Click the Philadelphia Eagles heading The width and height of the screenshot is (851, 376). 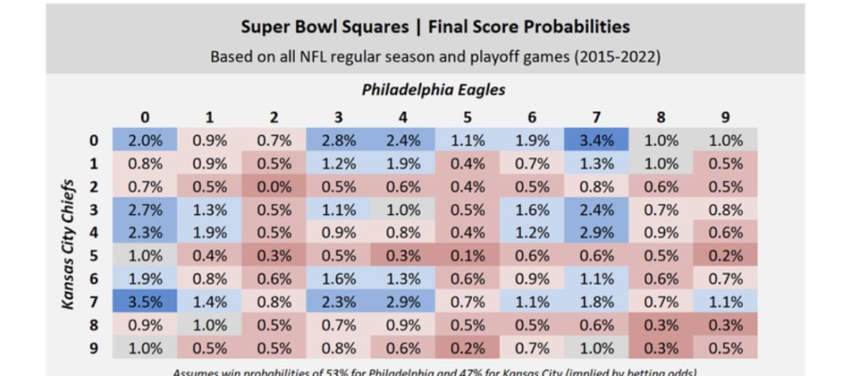pos(434,89)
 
